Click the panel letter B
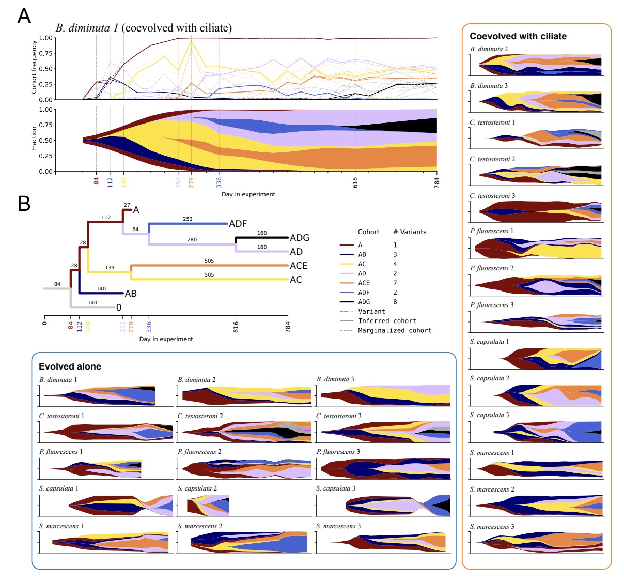point(24,204)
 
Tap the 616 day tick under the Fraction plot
point(355,182)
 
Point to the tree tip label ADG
point(300,238)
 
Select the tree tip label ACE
point(299,266)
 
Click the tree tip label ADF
point(238,224)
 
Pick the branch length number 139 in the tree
point(110,268)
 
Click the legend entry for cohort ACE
point(364,283)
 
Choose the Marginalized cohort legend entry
point(395,330)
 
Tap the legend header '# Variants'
point(410,232)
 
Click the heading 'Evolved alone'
point(70,366)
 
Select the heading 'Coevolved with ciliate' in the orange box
point(518,36)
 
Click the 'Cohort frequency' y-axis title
point(34,67)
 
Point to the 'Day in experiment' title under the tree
point(166,339)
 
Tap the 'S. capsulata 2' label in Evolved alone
point(197,488)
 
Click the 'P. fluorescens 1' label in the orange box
point(491,231)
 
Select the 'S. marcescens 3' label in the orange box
point(492,527)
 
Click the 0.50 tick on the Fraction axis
point(46,141)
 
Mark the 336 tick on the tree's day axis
point(149,327)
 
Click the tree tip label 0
point(119,308)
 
